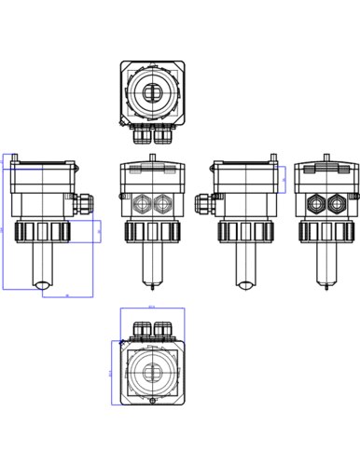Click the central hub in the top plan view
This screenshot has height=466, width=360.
pos(152,90)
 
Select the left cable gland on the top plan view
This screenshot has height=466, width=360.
pos(142,135)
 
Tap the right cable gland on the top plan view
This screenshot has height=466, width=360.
pos(163,135)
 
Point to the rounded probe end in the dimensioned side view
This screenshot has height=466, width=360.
pos(43,285)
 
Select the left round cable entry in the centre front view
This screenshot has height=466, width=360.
pos(142,202)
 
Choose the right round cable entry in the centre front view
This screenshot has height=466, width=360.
pos(163,202)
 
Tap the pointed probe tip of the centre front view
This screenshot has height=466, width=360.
pos(152,287)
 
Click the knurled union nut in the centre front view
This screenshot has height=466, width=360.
pos(152,231)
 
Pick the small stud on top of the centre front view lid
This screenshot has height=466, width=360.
pos(152,158)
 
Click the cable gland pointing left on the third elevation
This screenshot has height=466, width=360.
pos(203,201)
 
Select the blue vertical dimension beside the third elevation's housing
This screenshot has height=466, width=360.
pos(285,179)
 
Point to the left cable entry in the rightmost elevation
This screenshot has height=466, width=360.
pos(316,202)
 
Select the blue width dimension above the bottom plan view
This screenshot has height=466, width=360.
pos(152,308)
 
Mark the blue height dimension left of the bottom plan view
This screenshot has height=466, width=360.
pos(113,372)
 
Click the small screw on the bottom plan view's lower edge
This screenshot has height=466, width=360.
pos(152,401)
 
